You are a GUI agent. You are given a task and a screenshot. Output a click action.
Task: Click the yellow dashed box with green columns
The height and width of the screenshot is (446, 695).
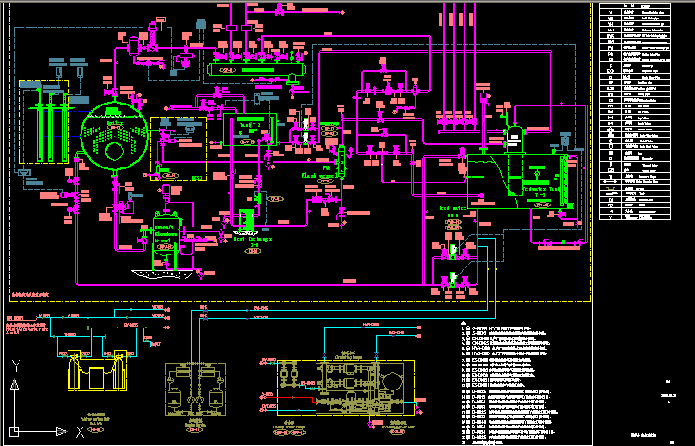44,123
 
